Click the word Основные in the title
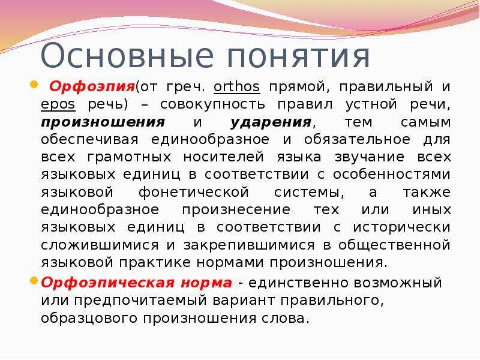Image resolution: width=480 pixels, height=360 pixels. [x=127, y=56]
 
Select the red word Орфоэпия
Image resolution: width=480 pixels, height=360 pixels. [x=92, y=87]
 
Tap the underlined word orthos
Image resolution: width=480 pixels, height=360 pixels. [x=236, y=86]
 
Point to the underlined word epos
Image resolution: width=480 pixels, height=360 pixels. [x=58, y=105]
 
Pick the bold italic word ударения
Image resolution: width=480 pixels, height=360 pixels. [x=271, y=122]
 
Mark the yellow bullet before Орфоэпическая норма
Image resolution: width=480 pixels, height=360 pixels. [x=34, y=280]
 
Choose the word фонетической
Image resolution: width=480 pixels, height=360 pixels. [x=194, y=193]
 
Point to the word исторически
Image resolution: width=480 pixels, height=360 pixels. [x=401, y=227]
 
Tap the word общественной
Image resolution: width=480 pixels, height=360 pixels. [x=394, y=245]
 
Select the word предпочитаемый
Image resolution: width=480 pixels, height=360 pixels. [x=140, y=301]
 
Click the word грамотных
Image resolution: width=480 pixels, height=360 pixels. [x=129, y=157]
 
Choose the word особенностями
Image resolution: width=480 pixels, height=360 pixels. [x=392, y=175]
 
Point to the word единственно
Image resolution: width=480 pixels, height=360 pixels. [x=298, y=283]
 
